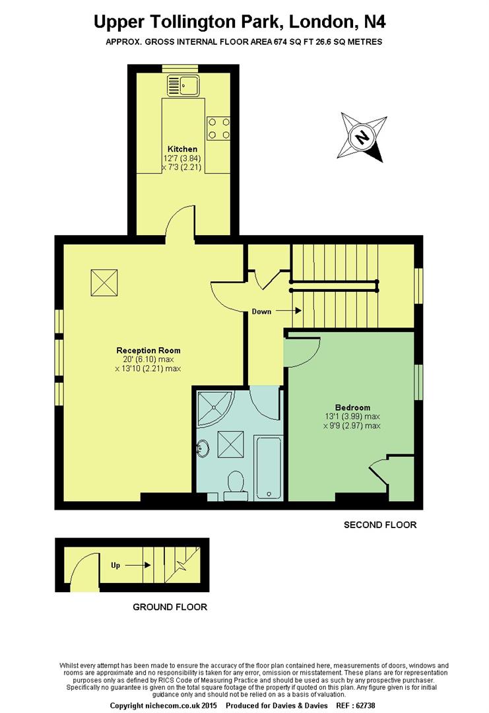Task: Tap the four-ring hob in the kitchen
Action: [218, 128]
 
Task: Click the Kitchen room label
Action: [182, 149]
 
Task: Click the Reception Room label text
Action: [148, 351]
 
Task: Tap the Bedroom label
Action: [352, 407]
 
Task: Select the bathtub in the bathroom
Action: [268, 466]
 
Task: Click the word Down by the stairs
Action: [261, 312]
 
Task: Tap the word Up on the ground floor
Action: [115, 565]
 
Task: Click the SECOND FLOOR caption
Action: [380, 526]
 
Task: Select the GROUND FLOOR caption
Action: [170, 607]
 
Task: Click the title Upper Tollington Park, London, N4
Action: [240, 22]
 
